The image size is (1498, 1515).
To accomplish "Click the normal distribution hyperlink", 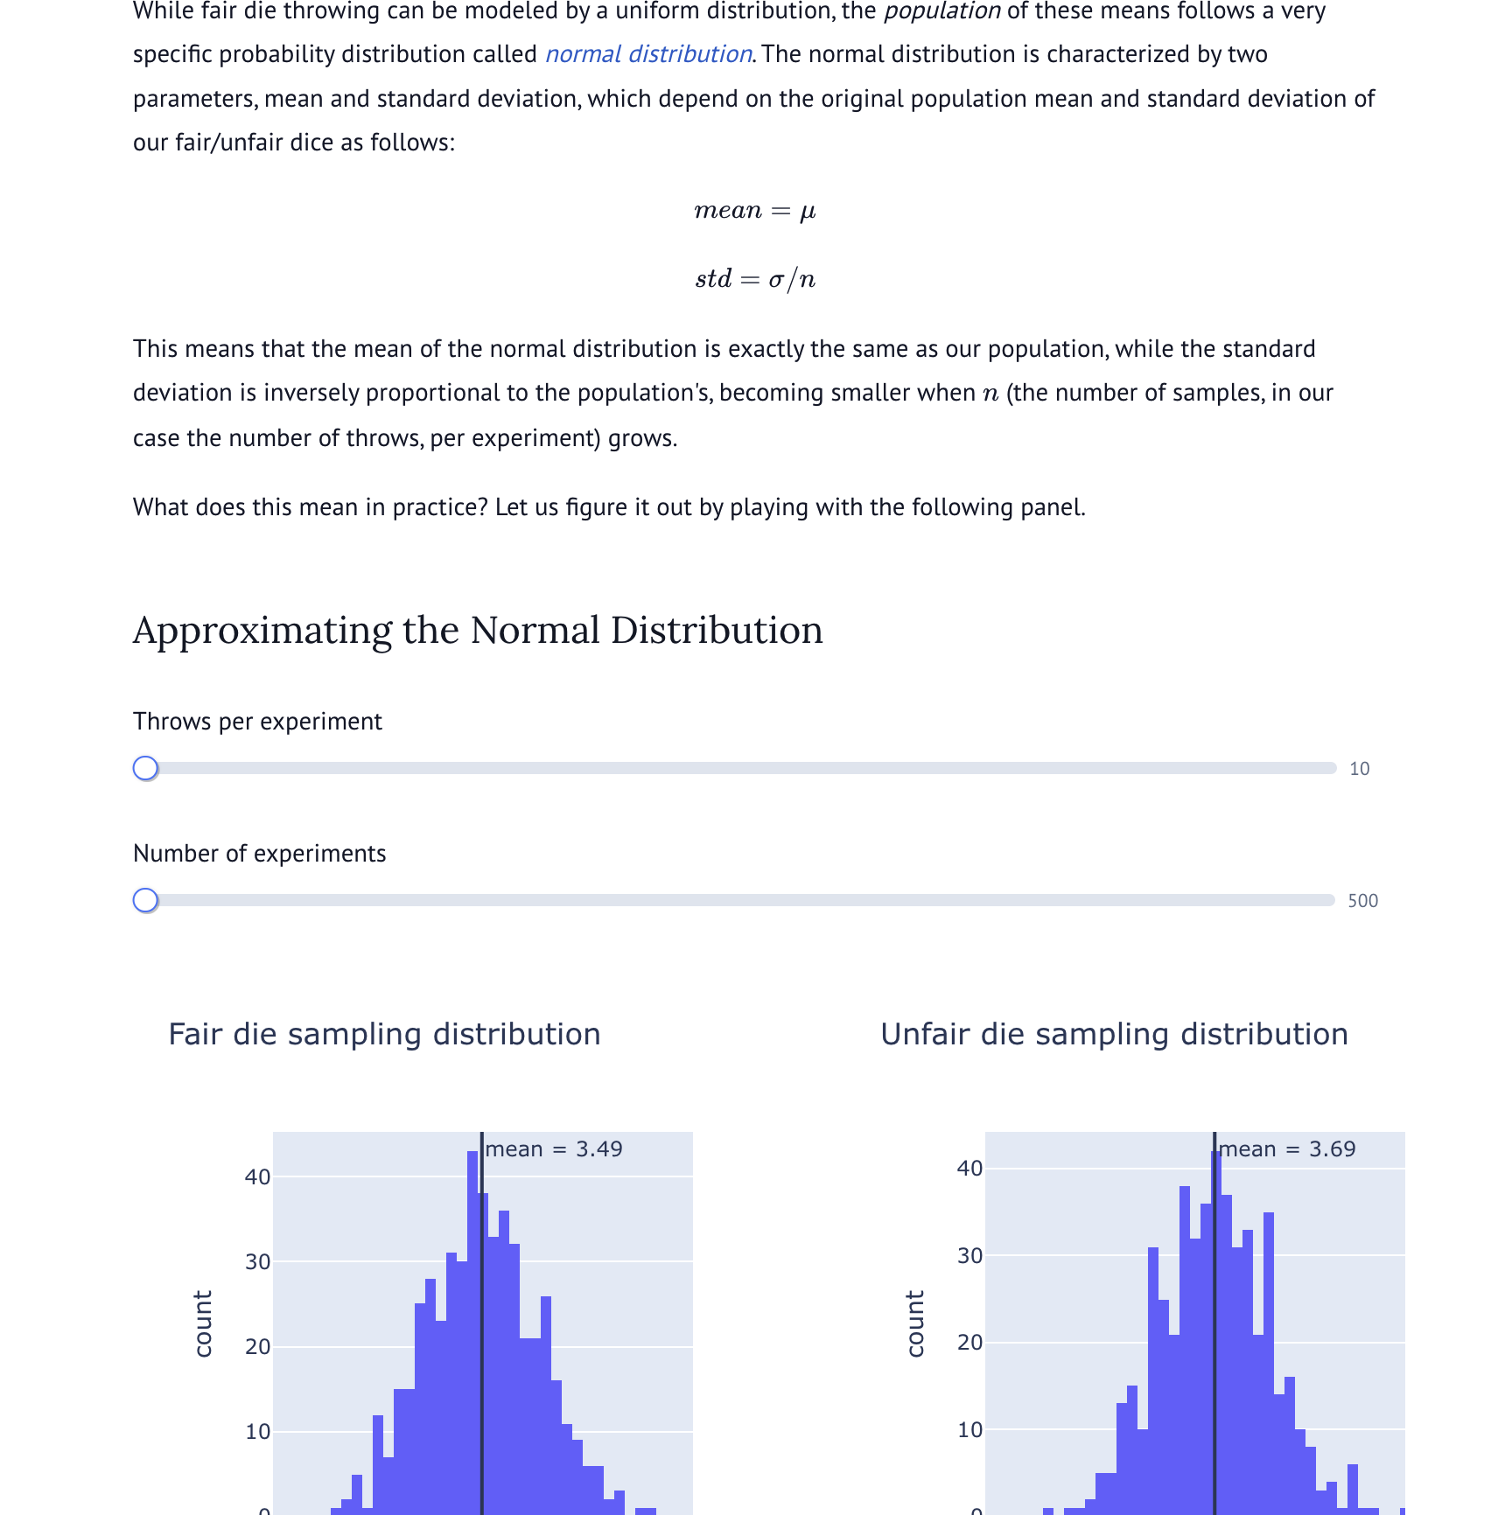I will pos(648,54).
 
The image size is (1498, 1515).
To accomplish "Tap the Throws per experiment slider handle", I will pos(145,768).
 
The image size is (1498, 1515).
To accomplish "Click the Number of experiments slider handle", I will pos(145,900).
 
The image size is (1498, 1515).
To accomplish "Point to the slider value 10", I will pos(1359,769).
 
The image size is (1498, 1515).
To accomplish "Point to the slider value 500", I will pos(1362,901).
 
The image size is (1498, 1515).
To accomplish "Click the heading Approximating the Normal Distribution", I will pos(478,631).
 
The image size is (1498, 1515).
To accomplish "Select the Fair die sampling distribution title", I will pos(384,1034).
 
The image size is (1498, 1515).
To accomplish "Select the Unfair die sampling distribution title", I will pos(1114,1034).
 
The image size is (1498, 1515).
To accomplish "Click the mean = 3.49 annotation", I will pos(554,1148).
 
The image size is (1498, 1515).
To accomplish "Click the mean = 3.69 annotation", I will pos(1287,1148).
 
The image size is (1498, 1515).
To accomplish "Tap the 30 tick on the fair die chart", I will pos(257,1261).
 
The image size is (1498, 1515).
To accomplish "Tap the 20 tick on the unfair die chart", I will pos(969,1342).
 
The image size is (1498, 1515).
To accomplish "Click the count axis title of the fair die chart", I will pos(203,1323).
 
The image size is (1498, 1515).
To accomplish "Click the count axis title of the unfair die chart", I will pos(915,1323).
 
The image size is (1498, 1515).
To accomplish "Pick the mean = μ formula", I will pos(754,211).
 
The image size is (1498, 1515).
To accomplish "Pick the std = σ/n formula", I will pos(754,279).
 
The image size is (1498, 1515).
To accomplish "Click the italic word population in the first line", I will pos(941,11).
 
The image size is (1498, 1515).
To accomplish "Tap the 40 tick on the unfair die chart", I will pos(969,1168).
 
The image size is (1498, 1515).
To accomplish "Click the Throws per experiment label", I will pos(257,722).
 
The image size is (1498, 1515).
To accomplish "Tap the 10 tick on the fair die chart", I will pos(257,1431).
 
